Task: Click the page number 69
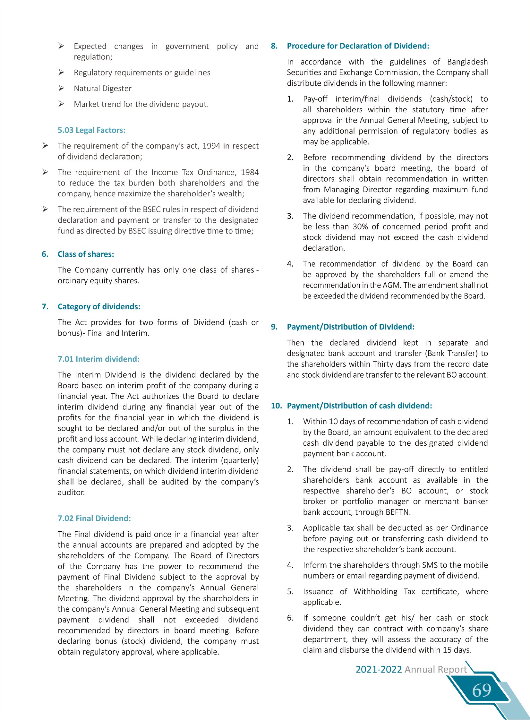point(482,690)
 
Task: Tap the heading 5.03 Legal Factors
point(91,130)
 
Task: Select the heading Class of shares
point(86,254)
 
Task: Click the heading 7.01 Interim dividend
point(98,359)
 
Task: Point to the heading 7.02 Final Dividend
point(94,518)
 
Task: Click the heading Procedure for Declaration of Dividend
point(358,46)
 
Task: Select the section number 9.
point(274,327)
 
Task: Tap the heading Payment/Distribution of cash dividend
point(359,406)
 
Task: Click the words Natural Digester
point(103,89)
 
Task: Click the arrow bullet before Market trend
point(61,104)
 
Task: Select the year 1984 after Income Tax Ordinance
point(250,173)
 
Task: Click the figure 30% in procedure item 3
point(360,227)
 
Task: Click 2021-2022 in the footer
point(379,669)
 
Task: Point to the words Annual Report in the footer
point(436,669)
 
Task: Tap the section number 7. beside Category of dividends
point(45,307)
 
